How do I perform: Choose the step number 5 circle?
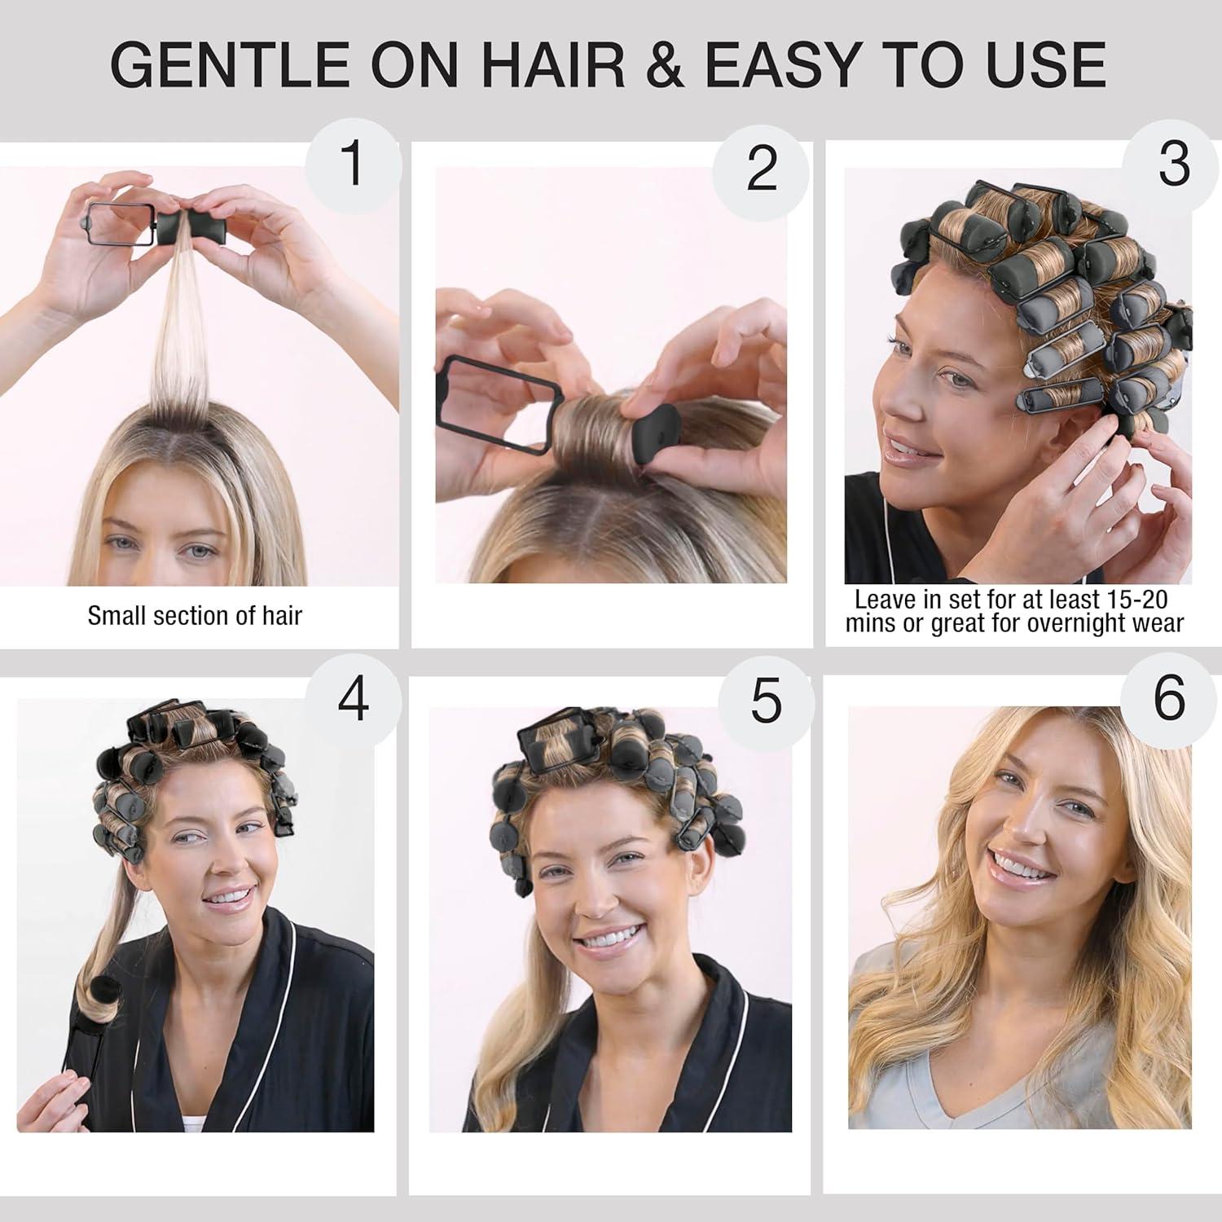point(766,701)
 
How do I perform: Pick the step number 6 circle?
point(1169,698)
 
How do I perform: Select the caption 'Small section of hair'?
point(195,615)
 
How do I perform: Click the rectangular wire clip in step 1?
point(120,224)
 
